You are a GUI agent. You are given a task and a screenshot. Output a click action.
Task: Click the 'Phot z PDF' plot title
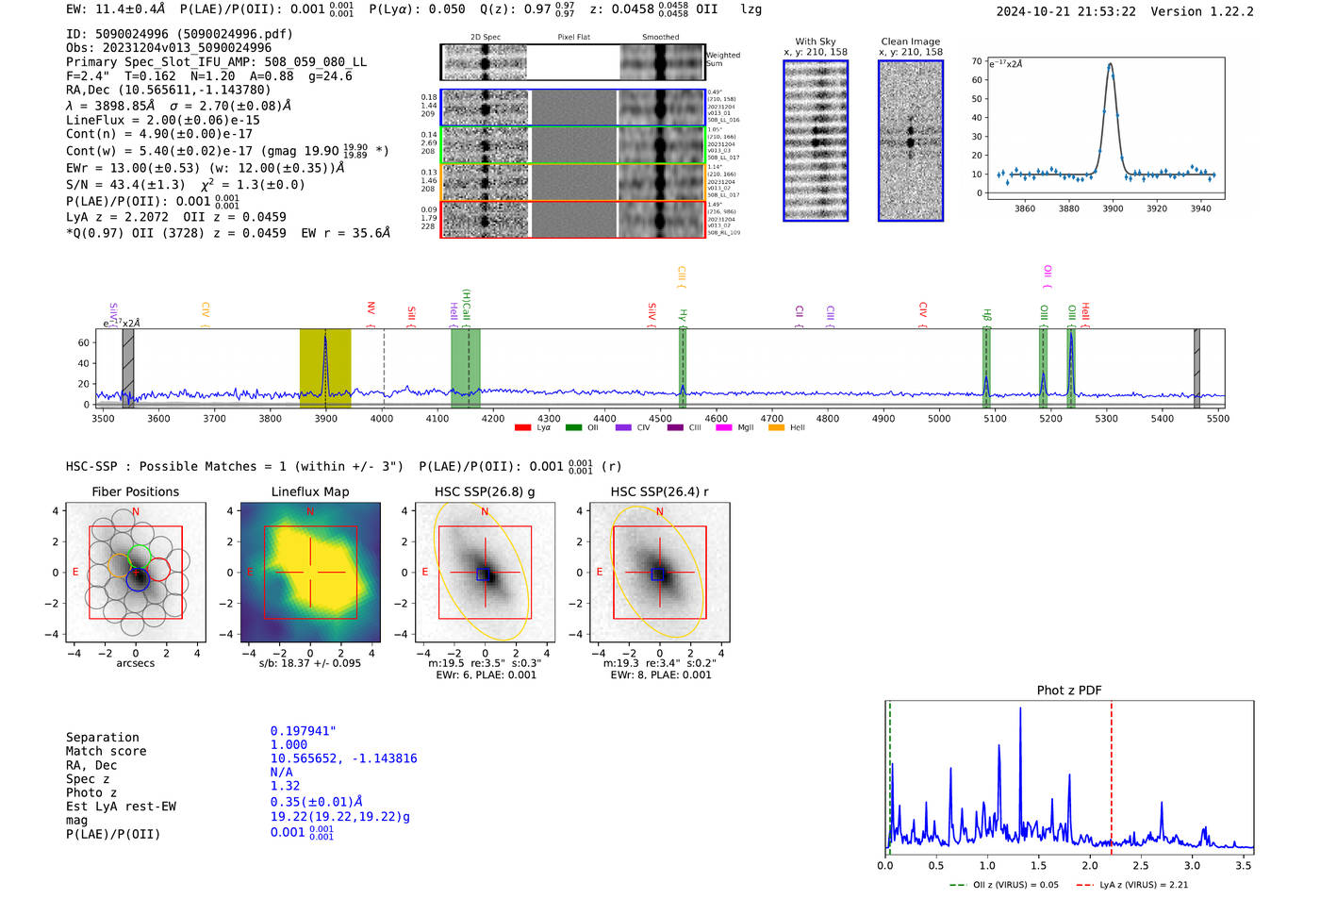coord(1069,691)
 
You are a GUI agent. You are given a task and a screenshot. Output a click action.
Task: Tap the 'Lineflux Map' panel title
coord(310,491)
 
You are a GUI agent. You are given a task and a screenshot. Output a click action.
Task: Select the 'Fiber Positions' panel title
coord(135,491)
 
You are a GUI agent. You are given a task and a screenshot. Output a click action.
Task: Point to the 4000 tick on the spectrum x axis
coord(382,418)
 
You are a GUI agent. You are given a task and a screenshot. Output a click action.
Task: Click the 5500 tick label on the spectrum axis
coord(1217,418)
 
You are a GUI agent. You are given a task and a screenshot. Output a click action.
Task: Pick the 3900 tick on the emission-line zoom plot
coord(1113,208)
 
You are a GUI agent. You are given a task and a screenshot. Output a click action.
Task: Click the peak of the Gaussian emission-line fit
coord(1111,64)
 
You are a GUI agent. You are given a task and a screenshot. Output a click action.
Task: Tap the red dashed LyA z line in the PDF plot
coord(1112,774)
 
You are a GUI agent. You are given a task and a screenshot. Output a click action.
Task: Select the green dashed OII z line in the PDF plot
coord(889,774)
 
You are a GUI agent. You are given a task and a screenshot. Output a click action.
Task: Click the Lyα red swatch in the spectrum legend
coord(522,428)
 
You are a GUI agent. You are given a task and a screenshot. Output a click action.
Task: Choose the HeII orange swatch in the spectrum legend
coord(776,428)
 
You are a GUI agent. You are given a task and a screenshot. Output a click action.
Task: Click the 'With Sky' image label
coord(816,42)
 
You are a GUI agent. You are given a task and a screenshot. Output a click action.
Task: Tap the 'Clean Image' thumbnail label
coord(910,42)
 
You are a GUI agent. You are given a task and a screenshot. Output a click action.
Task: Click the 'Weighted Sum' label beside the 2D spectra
coord(723,59)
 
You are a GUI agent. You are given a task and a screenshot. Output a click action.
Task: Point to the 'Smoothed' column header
coord(660,38)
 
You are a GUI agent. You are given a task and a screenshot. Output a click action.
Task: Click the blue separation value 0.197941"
coord(303,731)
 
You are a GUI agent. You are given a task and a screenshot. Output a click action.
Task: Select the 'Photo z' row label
coord(91,792)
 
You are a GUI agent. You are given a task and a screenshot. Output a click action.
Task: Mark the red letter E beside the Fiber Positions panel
coord(75,572)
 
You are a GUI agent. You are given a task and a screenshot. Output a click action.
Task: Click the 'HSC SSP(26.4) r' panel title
coord(659,491)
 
